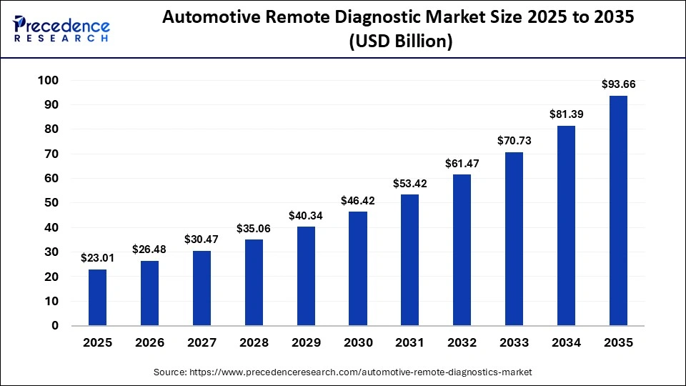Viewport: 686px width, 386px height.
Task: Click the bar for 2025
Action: tap(98, 297)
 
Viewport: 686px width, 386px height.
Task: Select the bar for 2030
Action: tap(358, 269)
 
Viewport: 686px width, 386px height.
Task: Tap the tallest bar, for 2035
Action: tap(618, 211)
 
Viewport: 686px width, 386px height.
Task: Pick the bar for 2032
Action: tap(462, 250)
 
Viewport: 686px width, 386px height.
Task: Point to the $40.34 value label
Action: tap(306, 215)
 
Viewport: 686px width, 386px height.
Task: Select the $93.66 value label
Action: tap(618, 84)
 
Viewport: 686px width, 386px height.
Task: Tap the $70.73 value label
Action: tap(514, 141)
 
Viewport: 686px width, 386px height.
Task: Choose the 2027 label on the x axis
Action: tap(202, 343)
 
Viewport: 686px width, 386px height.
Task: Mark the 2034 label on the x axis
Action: tap(567, 343)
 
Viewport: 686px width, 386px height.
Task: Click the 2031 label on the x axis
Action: tap(410, 343)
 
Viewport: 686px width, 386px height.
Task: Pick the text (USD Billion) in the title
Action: tap(400, 42)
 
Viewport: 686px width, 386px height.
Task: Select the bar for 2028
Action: tap(254, 282)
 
